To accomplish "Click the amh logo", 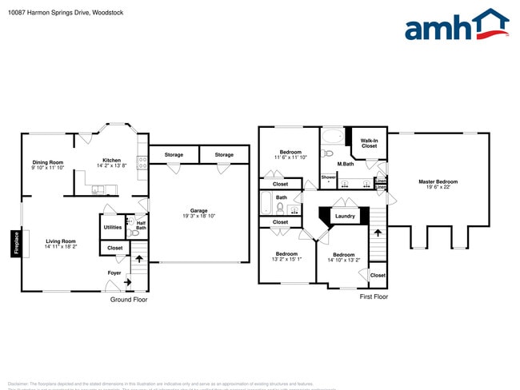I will (457, 25).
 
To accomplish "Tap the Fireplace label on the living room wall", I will (15, 244).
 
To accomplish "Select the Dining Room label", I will (48, 162).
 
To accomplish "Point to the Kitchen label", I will (111, 161).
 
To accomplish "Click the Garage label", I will (198, 211).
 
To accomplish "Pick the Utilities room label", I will (113, 227).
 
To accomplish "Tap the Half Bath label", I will (141, 226).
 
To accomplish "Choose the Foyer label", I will (114, 273).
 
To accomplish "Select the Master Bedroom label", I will (438, 181).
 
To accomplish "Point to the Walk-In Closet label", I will (369, 143).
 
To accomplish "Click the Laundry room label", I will (345, 216).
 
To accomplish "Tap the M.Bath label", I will (346, 165).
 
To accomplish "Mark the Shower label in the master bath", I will (328, 177).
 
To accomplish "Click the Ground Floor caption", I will (128, 300).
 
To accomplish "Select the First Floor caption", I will (373, 296).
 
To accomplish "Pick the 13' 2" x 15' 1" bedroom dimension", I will (286, 259).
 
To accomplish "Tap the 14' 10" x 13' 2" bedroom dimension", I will (344, 260).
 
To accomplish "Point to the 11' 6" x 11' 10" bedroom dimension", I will (290, 157).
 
